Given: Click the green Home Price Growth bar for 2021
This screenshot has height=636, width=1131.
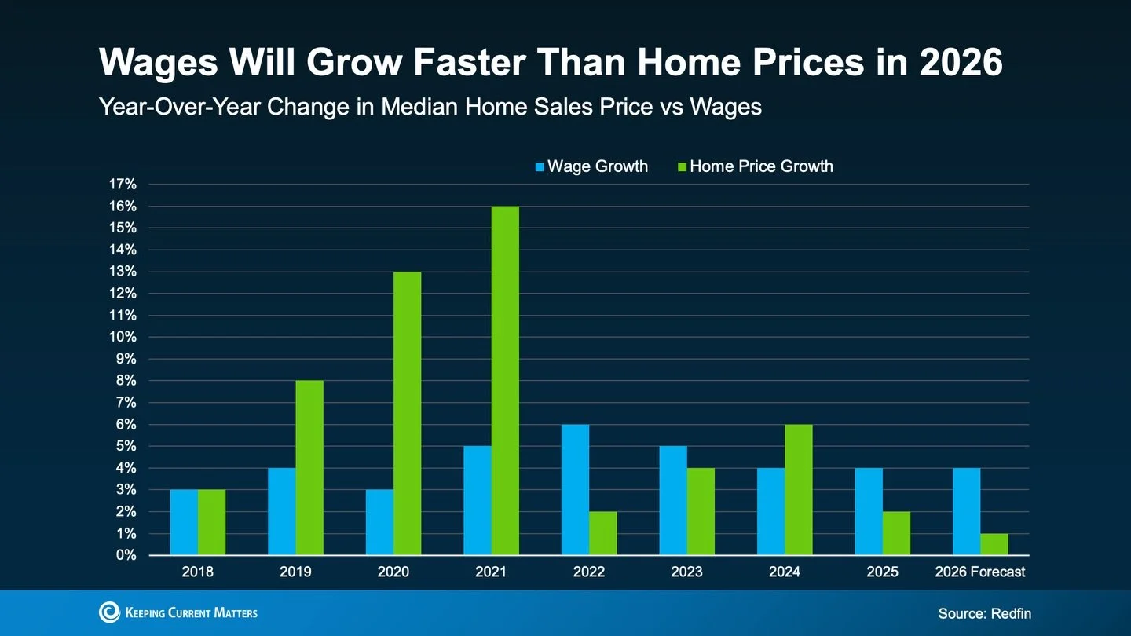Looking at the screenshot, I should tap(505, 381).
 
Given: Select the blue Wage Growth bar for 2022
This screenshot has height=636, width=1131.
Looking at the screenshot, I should tap(575, 490).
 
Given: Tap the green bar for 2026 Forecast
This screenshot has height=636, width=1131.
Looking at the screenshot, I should tap(994, 544).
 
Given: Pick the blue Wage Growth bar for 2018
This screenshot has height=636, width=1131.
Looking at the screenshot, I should tap(184, 522).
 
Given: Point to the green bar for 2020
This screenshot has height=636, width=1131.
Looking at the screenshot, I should tap(407, 414).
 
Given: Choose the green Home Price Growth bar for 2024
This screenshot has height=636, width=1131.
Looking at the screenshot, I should tap(798, 490).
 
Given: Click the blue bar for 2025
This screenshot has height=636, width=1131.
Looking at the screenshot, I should tap(869, 511).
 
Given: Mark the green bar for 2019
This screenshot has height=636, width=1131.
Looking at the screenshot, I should tap(309, 468).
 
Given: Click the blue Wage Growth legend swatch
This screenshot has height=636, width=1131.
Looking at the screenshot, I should tap(540, 167).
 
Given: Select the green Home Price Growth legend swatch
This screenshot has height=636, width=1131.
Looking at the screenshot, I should tap(682, 167).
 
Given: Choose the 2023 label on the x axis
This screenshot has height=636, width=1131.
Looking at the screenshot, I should tap(686, 572).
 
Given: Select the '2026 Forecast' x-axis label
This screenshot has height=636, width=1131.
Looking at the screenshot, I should tap(979, 572).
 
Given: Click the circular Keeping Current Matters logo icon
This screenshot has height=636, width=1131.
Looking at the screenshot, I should tap(109, 612).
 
